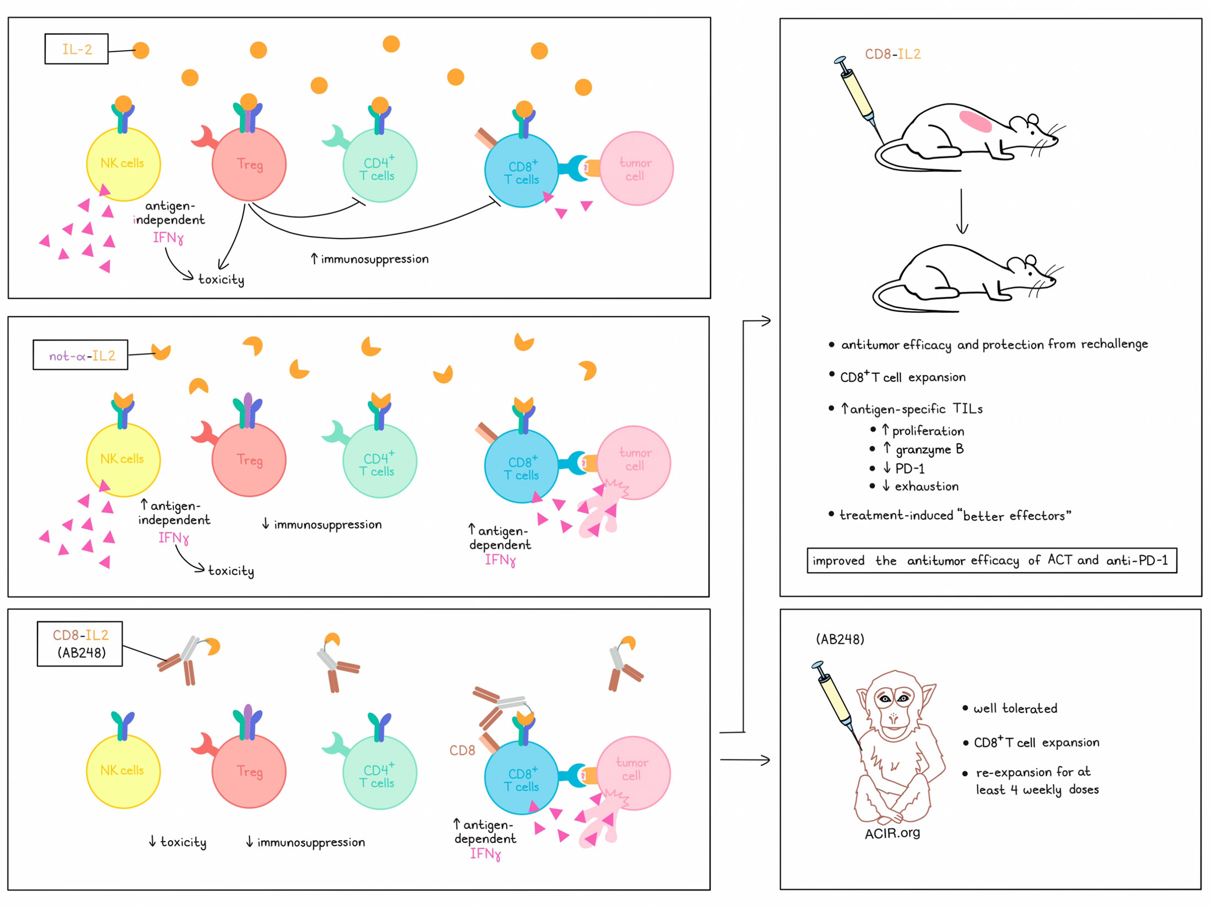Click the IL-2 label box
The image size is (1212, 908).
(76, 49)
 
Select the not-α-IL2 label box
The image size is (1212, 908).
(80, 355)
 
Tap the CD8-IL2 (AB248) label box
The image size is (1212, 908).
(80, 644)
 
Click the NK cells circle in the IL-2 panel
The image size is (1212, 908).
(123, 164)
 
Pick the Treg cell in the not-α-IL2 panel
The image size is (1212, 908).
(249, 460)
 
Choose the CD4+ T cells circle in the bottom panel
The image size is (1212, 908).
(380, 772)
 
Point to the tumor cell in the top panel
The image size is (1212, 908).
(636, 168)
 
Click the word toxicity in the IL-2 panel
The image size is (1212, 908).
(221, 280)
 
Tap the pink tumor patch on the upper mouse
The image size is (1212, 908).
(976, 122)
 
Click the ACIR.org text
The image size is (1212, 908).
(892, 833)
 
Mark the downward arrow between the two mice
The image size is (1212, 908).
(961, 211)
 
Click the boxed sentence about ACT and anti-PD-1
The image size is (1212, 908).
(992, 561)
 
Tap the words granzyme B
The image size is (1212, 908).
(929, 449)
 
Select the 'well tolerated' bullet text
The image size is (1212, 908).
(1015, 708)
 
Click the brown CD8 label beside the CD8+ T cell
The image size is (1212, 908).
(462, 750)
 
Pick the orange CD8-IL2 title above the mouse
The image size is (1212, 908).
(892, 54)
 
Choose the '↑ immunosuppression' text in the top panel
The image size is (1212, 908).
(370, 259)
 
